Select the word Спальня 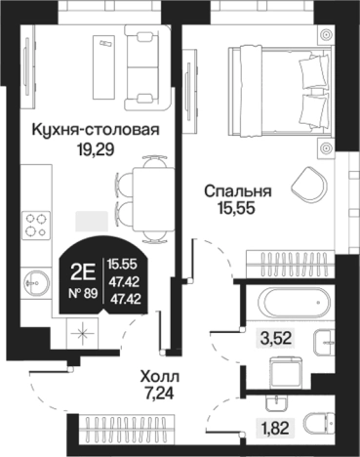coord(237,192)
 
